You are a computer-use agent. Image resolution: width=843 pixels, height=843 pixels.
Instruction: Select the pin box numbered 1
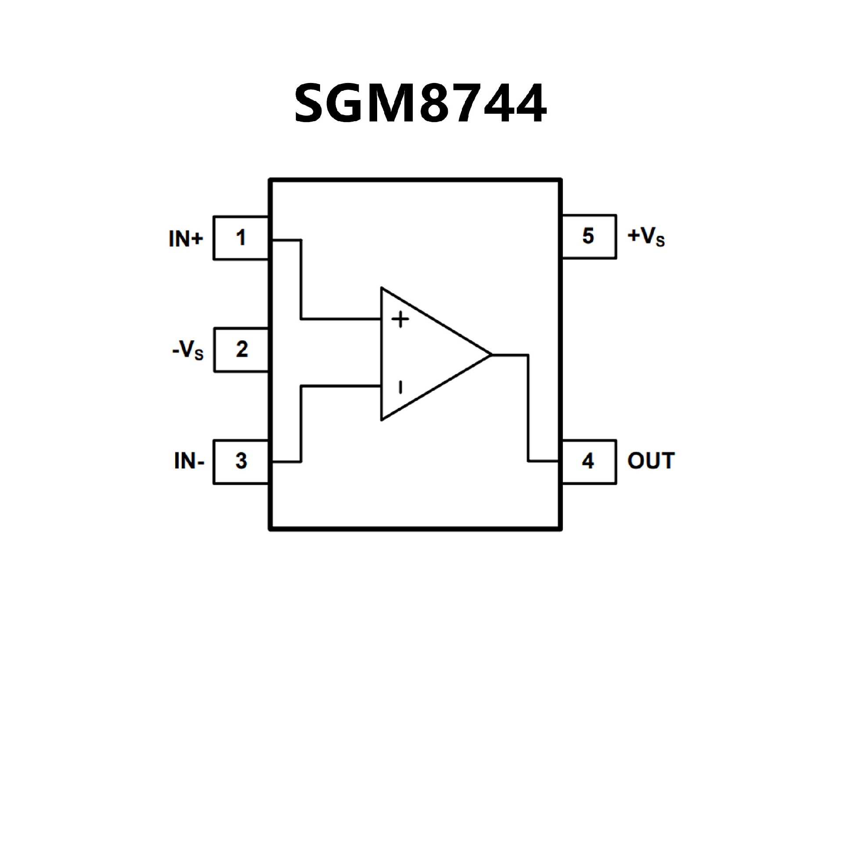tap(241, 238)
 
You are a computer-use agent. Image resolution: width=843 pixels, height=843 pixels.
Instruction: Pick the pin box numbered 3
tap(241, 461)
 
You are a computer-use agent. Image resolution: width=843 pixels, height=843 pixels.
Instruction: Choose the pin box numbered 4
tap(588, 461)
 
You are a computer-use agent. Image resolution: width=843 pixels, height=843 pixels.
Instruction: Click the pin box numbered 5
tap(588, 236)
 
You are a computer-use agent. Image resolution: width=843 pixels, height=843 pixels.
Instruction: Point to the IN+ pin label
tap(186, 238)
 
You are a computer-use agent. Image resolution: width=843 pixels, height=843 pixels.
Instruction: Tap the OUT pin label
tap(651, 461)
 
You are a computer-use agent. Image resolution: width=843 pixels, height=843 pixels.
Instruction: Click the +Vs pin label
tap(646, 237)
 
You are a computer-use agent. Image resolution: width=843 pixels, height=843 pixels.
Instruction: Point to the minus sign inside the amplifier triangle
tap(400, 387)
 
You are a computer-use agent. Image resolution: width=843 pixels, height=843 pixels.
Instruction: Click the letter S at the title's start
tap(311, 104)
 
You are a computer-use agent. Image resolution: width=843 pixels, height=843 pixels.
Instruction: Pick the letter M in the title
tap(389, 104)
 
